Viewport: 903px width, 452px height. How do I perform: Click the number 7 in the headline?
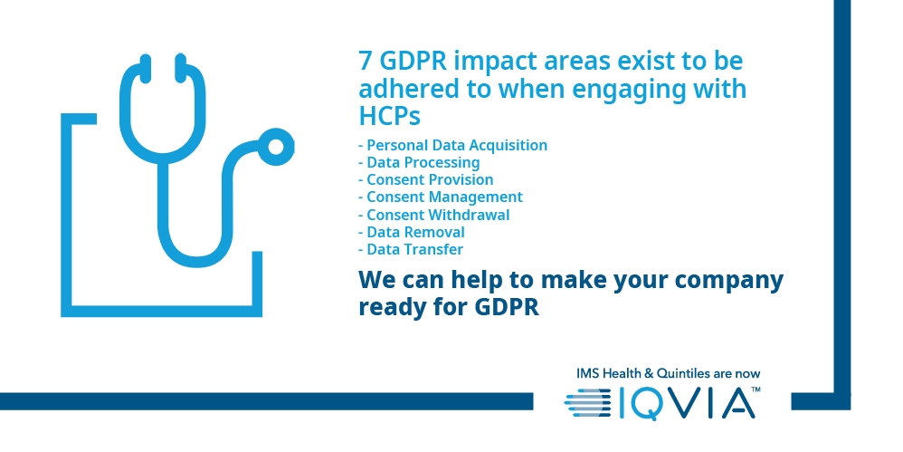[x=366, y=61]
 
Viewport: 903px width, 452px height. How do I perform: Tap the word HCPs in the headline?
[x=389, y=116]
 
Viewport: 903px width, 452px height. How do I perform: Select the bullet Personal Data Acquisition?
[x=452, y=145]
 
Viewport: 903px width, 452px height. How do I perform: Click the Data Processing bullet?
[x=419, y=162]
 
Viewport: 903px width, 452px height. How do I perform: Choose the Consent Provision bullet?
[x=425, y=180]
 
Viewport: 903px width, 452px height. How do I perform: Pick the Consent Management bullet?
[x=441, y=197]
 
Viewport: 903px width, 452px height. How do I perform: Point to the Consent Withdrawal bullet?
[x=433, y=215]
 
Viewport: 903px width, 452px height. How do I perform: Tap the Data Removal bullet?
[x=411, y=233]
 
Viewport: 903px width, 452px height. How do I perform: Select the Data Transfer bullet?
[x=411, y=250]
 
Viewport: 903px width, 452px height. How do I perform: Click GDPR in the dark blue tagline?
[x=507, y=307]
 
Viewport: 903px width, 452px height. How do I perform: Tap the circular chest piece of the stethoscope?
[x=276, y=147]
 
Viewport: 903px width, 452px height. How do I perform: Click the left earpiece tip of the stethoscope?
[x=146, y=63]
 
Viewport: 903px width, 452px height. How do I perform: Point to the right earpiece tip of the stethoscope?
[x=181, y=63]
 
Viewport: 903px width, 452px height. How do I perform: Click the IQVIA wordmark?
[x=686, y=403]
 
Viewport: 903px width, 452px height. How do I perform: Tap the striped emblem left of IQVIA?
[x=588, y=402]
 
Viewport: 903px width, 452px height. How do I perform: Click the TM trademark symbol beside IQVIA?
[x=756, y=390]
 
